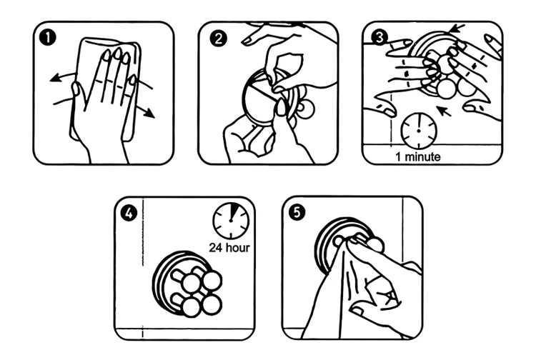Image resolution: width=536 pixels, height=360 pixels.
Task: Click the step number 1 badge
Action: click(48, 36)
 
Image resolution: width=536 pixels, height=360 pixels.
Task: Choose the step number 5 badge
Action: click(296, 212)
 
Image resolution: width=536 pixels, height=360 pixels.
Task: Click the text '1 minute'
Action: click(418, 156)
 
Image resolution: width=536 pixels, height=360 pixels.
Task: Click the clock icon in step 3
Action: click(419, 130)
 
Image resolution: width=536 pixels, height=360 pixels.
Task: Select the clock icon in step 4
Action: click(230, 221)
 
